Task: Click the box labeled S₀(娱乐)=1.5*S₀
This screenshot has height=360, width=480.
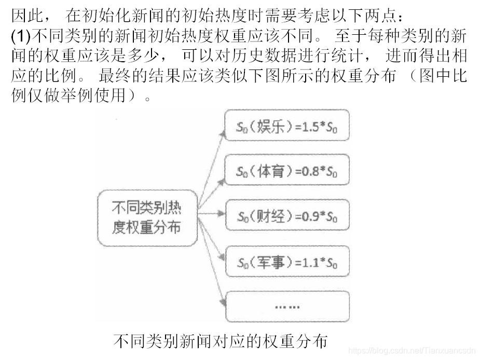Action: (x=286, y=126)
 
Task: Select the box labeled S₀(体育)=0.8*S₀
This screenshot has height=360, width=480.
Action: (x=286, y=171)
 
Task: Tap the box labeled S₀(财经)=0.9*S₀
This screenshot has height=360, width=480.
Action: (x=286, y=216)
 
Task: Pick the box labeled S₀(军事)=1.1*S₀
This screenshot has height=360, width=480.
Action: (x=286, y=262)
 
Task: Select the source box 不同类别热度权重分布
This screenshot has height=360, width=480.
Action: (x=147, y=217)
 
